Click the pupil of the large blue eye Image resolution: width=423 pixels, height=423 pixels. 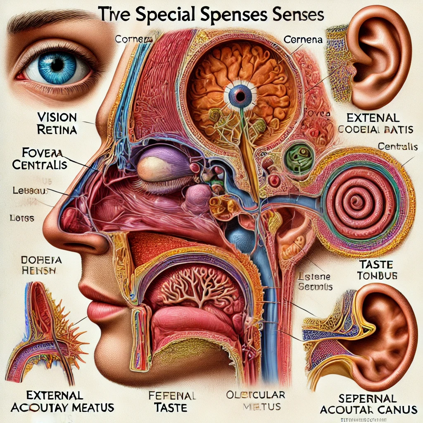(x=57, y=65)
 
